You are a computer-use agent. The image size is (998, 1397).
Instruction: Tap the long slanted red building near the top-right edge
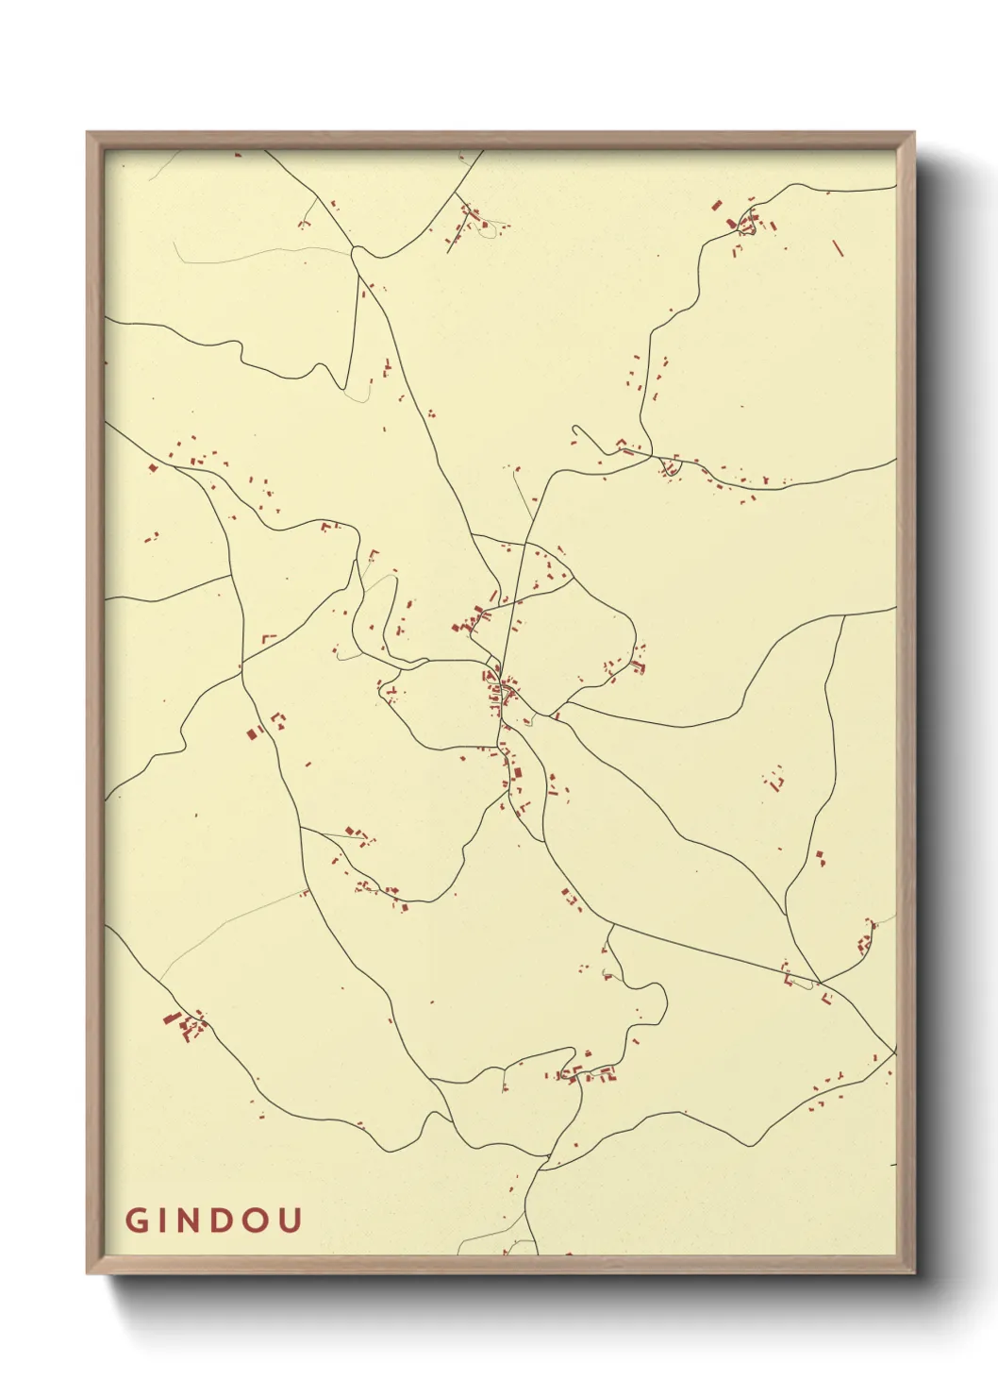tap(837, 248)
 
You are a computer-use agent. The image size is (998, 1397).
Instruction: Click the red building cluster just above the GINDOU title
tap(184, 1024)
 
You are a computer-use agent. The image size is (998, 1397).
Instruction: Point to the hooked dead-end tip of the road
tap(575, 431)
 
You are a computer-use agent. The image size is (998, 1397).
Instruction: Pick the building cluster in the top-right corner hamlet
tap(746, 225)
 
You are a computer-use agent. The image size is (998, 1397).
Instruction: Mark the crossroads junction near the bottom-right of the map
tap(817, 982)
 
